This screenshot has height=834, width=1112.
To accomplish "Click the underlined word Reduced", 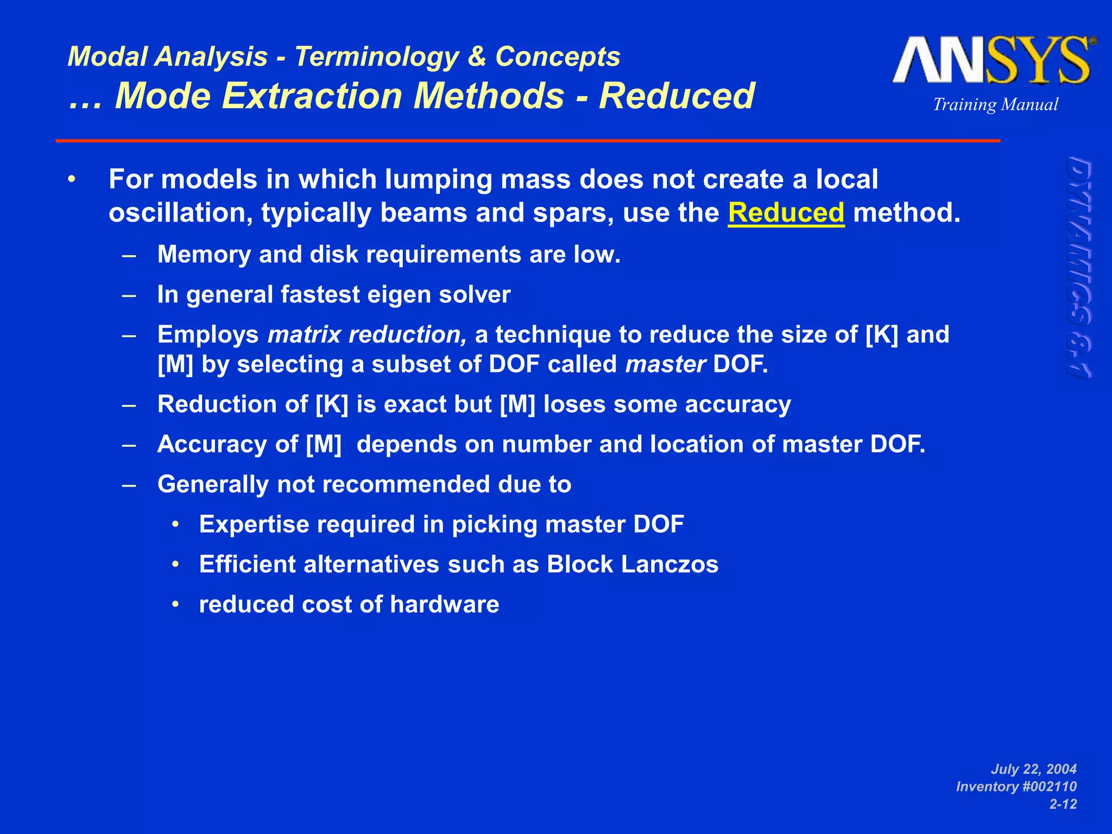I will pos(786,212).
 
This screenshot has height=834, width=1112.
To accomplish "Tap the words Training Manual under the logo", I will pos(995,104).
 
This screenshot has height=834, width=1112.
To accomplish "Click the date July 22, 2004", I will pos(1033,769).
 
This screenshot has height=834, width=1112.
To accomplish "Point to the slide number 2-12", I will pos(1063,804).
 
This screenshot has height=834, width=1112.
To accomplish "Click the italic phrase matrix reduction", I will pos(367,334).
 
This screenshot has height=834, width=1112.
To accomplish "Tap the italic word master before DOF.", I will pos(665,364).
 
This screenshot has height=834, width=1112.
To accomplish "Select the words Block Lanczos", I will pos(632,564).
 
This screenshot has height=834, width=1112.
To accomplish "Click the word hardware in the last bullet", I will pos(444,604).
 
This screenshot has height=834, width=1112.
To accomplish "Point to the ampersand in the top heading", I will pos(477,56).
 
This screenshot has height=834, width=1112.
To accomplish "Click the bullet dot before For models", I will pos(72,179).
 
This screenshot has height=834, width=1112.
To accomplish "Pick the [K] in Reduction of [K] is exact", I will pos(332,405).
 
